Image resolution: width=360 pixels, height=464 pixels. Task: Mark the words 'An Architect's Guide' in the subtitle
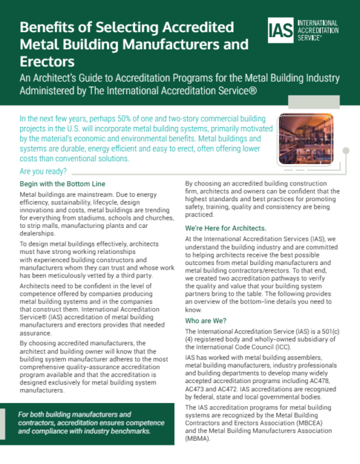point(67,80)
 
